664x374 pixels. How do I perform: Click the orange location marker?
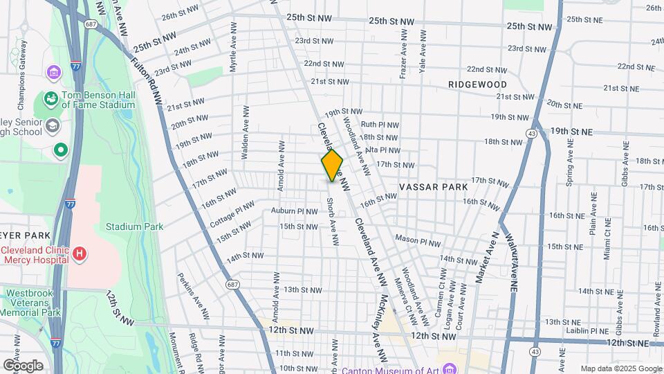[x=332, y=166]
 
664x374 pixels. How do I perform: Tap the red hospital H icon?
[x=80, y=254]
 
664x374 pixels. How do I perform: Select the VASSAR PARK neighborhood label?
[x=434, y=187]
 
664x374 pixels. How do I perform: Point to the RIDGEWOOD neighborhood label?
[x=477, y=84]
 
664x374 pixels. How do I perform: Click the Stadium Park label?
[x=134, y=226]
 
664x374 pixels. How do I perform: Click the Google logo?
[x=23, y=366]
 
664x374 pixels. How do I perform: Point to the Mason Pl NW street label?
[x=418, y=240]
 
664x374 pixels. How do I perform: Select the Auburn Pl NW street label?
[x=293, y=211]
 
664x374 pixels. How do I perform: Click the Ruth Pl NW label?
[x=385, y=125]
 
